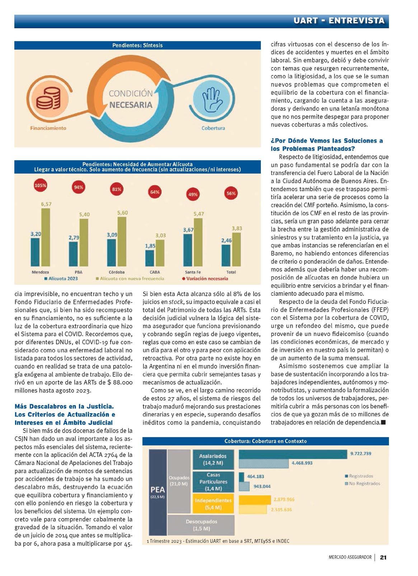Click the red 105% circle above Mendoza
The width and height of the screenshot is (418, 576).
(x=40, y=185)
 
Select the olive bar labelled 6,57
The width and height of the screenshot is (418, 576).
(x=46, y=237)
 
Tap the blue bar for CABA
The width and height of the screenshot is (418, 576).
(x=149, y=258)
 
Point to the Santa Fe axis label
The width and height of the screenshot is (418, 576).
(x=193, y=272)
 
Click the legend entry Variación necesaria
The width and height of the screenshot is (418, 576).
(x=205, y=278)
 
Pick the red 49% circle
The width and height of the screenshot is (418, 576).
(x=193, y=194)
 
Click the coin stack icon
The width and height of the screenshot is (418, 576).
(x=48, y=98)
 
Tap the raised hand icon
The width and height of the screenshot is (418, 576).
(x=212, y=100)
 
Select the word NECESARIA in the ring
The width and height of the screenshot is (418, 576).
(x=131, y=105)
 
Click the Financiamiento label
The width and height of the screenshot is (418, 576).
(x=48, y=128)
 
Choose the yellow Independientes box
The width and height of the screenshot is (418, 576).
(x=213, y=504)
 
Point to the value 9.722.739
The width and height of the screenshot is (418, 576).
(x=361, y=453)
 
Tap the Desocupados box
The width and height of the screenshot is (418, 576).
(x=201, y=525)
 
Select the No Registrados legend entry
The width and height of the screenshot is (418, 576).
(x=362, y=483)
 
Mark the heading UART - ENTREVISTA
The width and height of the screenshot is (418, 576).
(x=339, y=20)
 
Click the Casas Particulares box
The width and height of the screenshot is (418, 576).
(x=213, y=481)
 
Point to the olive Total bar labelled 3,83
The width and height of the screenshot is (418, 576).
(x=236, y=249)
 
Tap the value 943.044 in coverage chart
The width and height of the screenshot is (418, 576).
(x=262, y=486)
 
